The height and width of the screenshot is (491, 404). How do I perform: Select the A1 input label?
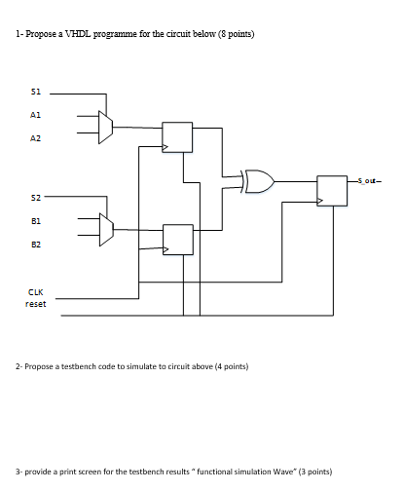pos(37,115)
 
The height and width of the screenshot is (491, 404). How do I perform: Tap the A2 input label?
pos(37,138)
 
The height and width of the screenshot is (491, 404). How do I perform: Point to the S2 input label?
pos(37,196)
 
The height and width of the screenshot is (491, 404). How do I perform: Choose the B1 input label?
pos(37,220)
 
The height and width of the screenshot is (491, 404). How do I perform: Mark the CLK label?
pos(36,289)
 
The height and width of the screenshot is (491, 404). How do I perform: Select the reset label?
pos(36,303)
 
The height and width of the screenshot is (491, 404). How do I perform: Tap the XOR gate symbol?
pos(259,180)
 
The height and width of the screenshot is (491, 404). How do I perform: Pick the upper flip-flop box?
pos(177,137)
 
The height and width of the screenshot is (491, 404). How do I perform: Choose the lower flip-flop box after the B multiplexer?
pos(177,239)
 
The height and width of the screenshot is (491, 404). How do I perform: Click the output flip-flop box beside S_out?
pos(332,190)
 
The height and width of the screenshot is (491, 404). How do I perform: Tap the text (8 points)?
pos(234,34)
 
